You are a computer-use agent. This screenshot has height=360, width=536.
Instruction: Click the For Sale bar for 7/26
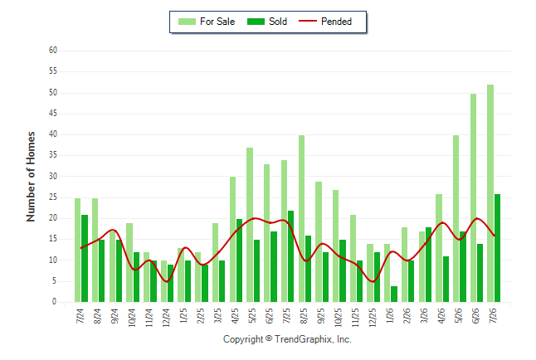(x=490, y=193)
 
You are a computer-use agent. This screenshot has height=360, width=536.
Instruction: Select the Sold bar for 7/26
(x=497, y=248)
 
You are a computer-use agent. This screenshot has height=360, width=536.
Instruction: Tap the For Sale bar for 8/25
(x=301, y=218)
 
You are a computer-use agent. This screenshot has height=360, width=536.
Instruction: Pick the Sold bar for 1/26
(x=394, y=294)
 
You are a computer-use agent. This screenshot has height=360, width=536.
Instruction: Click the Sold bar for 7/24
(x=85, y=259)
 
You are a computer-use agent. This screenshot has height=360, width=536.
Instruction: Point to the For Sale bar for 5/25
(x=250, y=225)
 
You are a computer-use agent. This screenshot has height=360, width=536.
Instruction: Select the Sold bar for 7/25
(x=291, y=256)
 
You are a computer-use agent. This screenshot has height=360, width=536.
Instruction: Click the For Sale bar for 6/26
(x=473, y=198)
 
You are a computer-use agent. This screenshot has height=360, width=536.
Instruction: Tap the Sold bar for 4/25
(x=239, y=260)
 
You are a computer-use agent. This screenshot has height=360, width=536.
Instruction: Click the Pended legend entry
(x=325, y=22)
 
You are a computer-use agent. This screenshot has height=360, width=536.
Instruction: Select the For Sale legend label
(x=217, y=22)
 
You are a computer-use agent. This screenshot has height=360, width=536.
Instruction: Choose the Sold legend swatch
(x=256, y=22)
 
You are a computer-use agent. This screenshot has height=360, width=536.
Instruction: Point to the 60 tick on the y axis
(x=53, y=51)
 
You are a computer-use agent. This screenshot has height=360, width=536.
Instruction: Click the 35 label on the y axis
(x=53, y=155)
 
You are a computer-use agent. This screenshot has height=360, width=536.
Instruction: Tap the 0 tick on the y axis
(x=55, y=302)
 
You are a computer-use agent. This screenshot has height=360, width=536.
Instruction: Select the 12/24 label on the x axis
(x=166, y=318)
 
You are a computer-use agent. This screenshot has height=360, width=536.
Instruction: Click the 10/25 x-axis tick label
(x=338, y=318)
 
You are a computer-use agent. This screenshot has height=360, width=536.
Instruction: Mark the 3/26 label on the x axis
(x=424, y=315)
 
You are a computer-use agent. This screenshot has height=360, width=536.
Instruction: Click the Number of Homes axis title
(x=31, y=177)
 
